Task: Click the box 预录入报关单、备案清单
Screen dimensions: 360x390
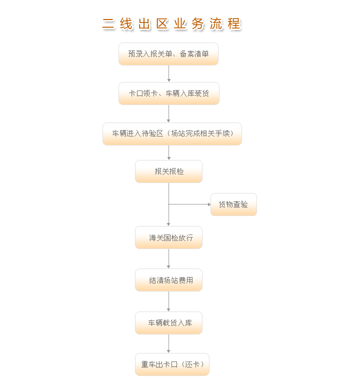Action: pyautogui.click(x=168, y=54)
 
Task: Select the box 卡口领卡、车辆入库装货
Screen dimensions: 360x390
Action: pyautogui.click(x=169, y=93)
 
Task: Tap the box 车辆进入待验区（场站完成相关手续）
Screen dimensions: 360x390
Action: pyautogui.click(x=172, y=134)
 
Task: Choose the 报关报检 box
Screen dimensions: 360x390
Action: pyautogui.click(x=168, y=171)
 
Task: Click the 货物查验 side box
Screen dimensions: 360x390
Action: pyautogui.click(x=233, y=204)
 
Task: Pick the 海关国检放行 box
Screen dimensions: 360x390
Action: pyautogui.click(x=168, y=237)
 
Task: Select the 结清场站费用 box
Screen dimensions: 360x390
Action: pyautogui.click(x=168, y=280)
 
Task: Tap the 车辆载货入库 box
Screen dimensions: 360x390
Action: pyautogui.click(x=168, y=323)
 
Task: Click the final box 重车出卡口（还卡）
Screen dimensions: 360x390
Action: pyautogui.click(x=172, y=364)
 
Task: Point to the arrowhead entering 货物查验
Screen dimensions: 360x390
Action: pyautogui.click(x=209, y=204)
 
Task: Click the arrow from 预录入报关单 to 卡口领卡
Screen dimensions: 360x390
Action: pyautogui.click(x=169, y=73)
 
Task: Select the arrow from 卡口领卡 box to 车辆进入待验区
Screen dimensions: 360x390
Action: pyautogui.click(x=168, y=113)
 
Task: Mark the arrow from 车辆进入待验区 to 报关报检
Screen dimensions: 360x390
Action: pyautogui.click(x=169, y=152)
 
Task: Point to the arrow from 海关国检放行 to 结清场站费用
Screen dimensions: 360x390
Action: pyautogui.click(x=168, y=258)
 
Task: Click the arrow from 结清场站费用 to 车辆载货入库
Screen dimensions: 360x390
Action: pyautogui.click(x=168, y=301)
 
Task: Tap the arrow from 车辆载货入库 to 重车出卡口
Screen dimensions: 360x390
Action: pyautogui.click(x=168, y=343)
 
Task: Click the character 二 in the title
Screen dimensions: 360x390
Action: pyautogui.click(x=108, y=24)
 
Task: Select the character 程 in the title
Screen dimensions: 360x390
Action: pyautogui.click(x=234, y=24)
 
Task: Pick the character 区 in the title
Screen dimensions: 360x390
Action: pyautogui.click(x=162, y=24)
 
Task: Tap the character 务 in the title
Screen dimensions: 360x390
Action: pyautogui.click(x=198, y=24)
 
